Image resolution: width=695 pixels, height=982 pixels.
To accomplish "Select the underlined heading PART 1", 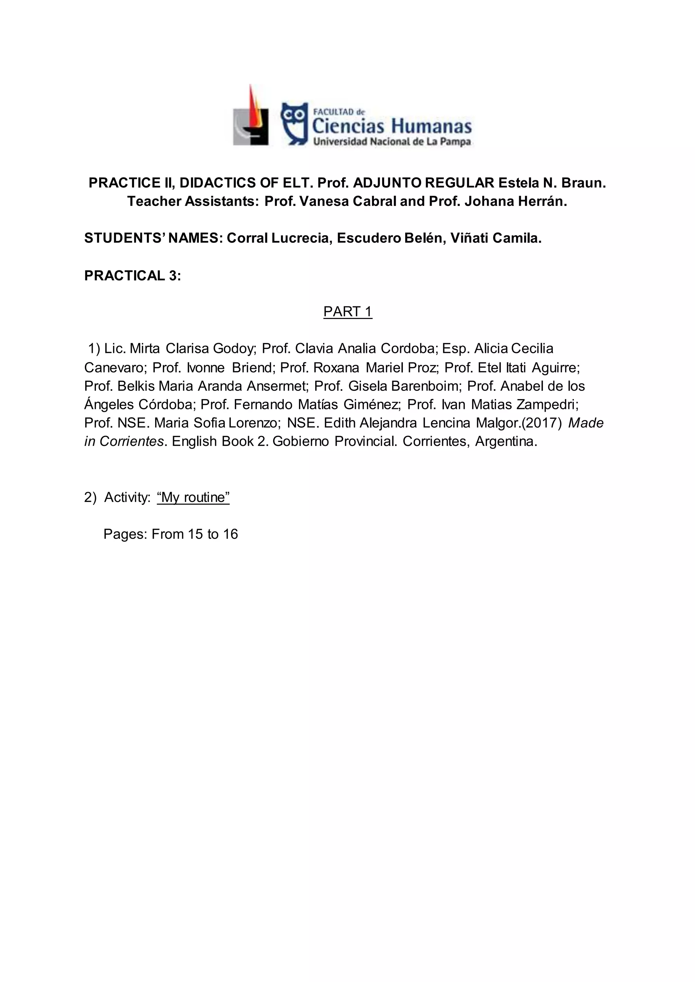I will pyautogui.click(x=347, y=312).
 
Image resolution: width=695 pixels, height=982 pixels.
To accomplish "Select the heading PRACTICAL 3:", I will pyautogui.click(x=133, y=276).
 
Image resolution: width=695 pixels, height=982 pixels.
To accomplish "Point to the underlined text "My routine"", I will pyautogui.click(x=193, y=498).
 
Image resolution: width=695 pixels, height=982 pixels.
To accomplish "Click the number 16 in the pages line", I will pyautogui.click(x=230, y=534).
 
